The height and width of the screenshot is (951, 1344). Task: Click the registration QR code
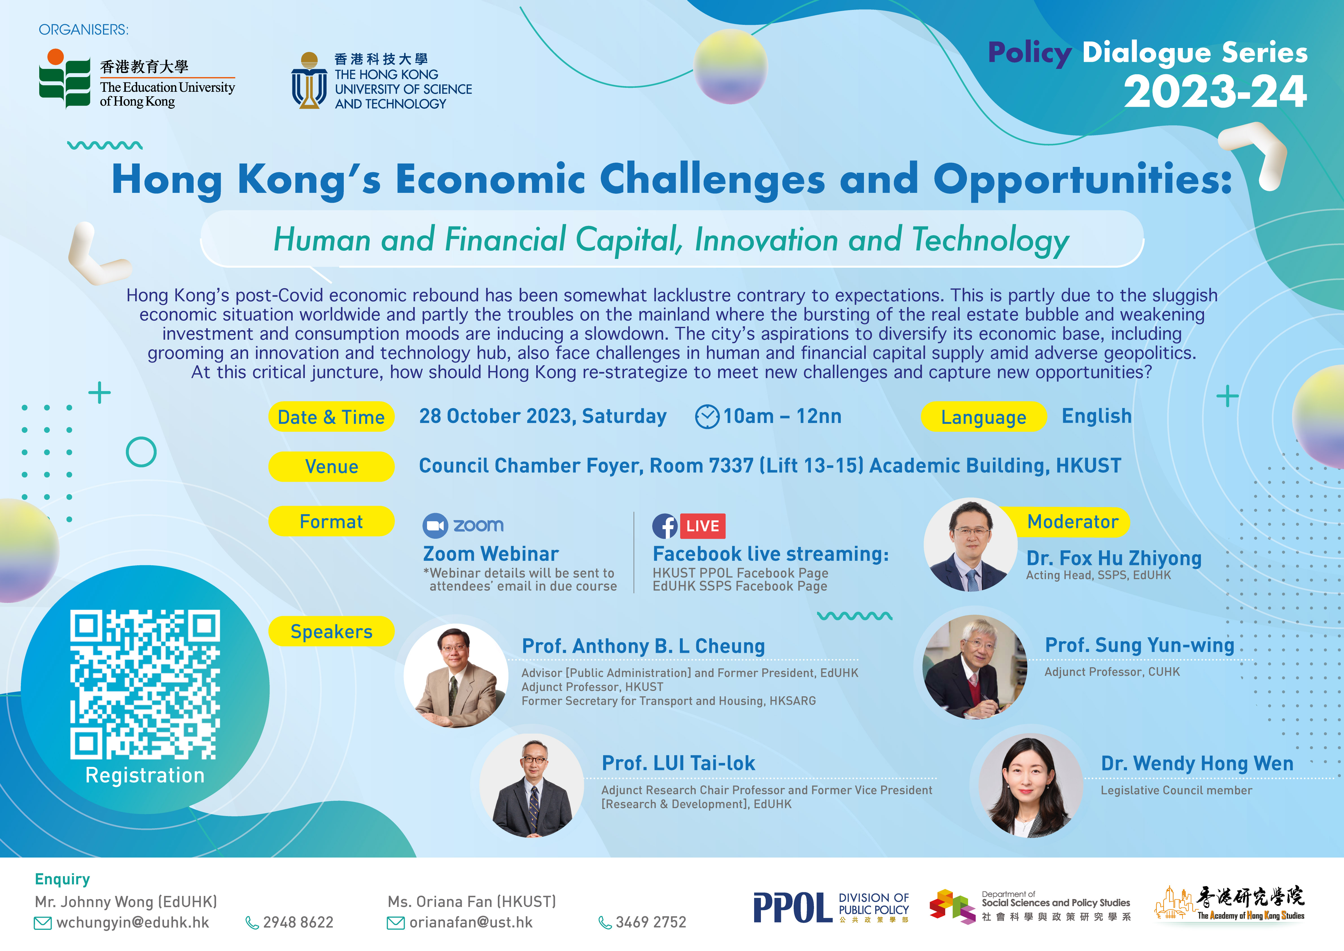145,684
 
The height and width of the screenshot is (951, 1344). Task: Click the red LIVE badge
702,526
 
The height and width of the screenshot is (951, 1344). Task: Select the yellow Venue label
331,467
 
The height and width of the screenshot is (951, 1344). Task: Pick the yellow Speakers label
331,631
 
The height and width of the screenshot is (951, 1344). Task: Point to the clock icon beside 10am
707,416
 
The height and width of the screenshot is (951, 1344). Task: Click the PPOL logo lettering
793,908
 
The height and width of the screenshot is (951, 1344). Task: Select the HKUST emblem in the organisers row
309,81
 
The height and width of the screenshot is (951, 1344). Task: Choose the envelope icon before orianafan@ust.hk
396,924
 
